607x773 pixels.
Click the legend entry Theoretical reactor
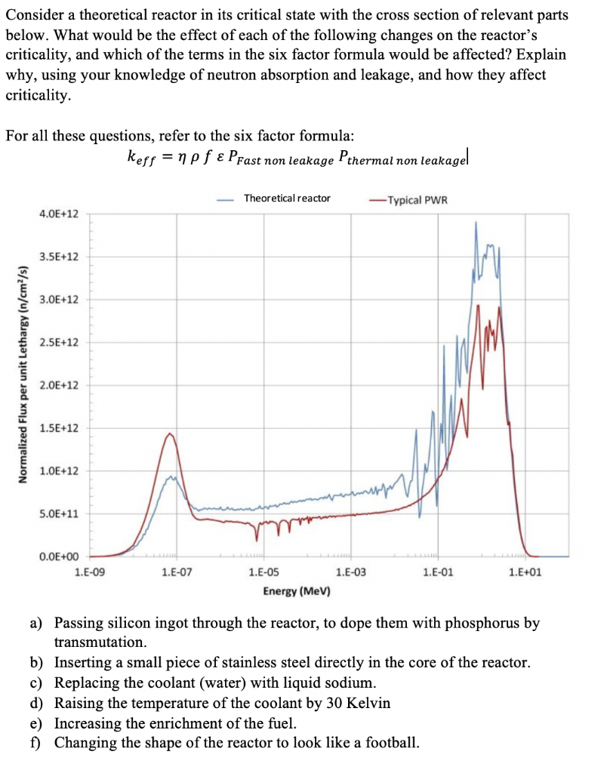pyautogui.click(x=286, y=198)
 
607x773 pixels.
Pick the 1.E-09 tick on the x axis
pyautogui.click(x=91, y=572)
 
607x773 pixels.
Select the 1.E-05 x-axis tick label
pyautogui.click(x=263, y=572)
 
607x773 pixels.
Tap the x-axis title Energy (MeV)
pyautogui.click(x=296, y=590)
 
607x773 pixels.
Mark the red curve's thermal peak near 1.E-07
pyautogui.click(x=171, y=434)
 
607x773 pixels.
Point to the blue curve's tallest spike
pyautogui.click(x=476, y=223)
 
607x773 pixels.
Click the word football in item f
pyautogui.click(x=390, y=742)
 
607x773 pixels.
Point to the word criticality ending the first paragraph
pyautogui.click(x=39, y=95)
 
